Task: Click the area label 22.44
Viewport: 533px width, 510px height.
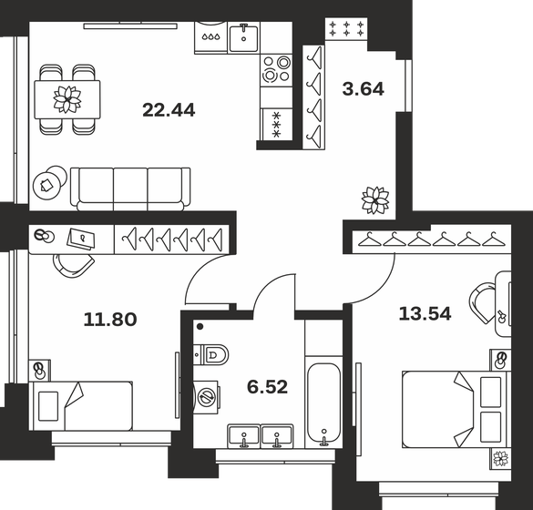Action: (x=169, y=110)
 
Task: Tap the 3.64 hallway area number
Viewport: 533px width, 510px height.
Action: (x=363, y=89)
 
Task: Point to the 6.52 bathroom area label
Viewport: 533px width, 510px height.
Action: (x=268, y=387)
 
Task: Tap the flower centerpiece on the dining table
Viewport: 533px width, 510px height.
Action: (x=67, y=97)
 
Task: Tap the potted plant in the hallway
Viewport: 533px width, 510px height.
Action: (x=374, y=199)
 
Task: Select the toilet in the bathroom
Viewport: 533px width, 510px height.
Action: (x=210, y=354)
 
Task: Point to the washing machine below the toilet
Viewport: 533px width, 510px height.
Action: (x=209, y=397)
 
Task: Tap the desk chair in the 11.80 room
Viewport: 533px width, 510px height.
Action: (x=73, y=263)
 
